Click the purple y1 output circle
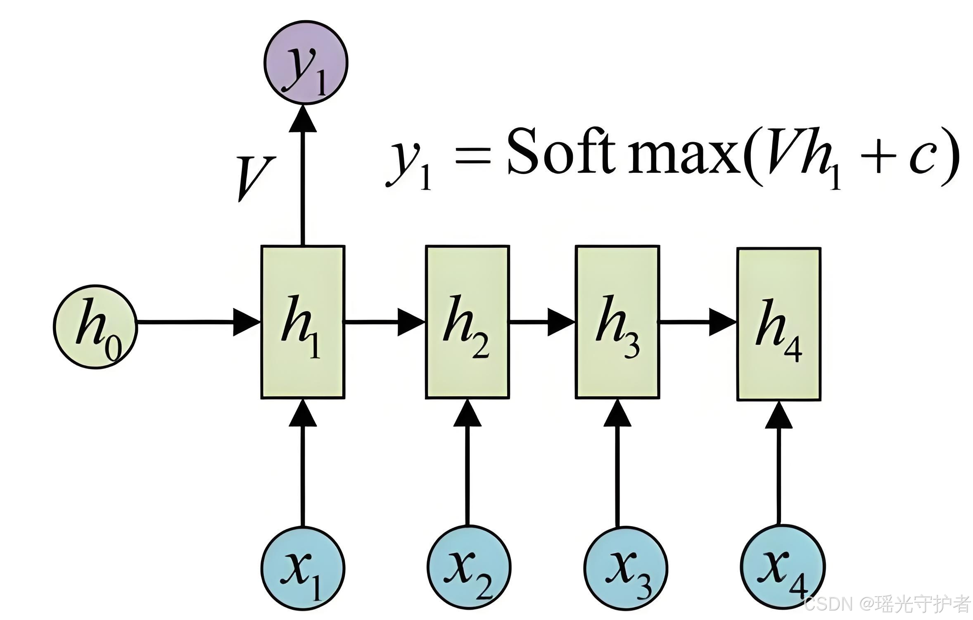[x=306, y=63]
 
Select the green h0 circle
[x=95, y=327]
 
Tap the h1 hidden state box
[x=303, y=322]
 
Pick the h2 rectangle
[x=468, y=322]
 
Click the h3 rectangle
[x=617, y=322]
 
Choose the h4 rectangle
[x=779, y=324]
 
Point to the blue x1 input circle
[x=303, y=568]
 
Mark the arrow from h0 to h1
[x=198, y=322]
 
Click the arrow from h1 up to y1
[x=303, y=178]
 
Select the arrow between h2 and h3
[x=542, y=322]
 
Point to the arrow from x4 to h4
[x=779, y=463]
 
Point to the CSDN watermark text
[x=828, y=605]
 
